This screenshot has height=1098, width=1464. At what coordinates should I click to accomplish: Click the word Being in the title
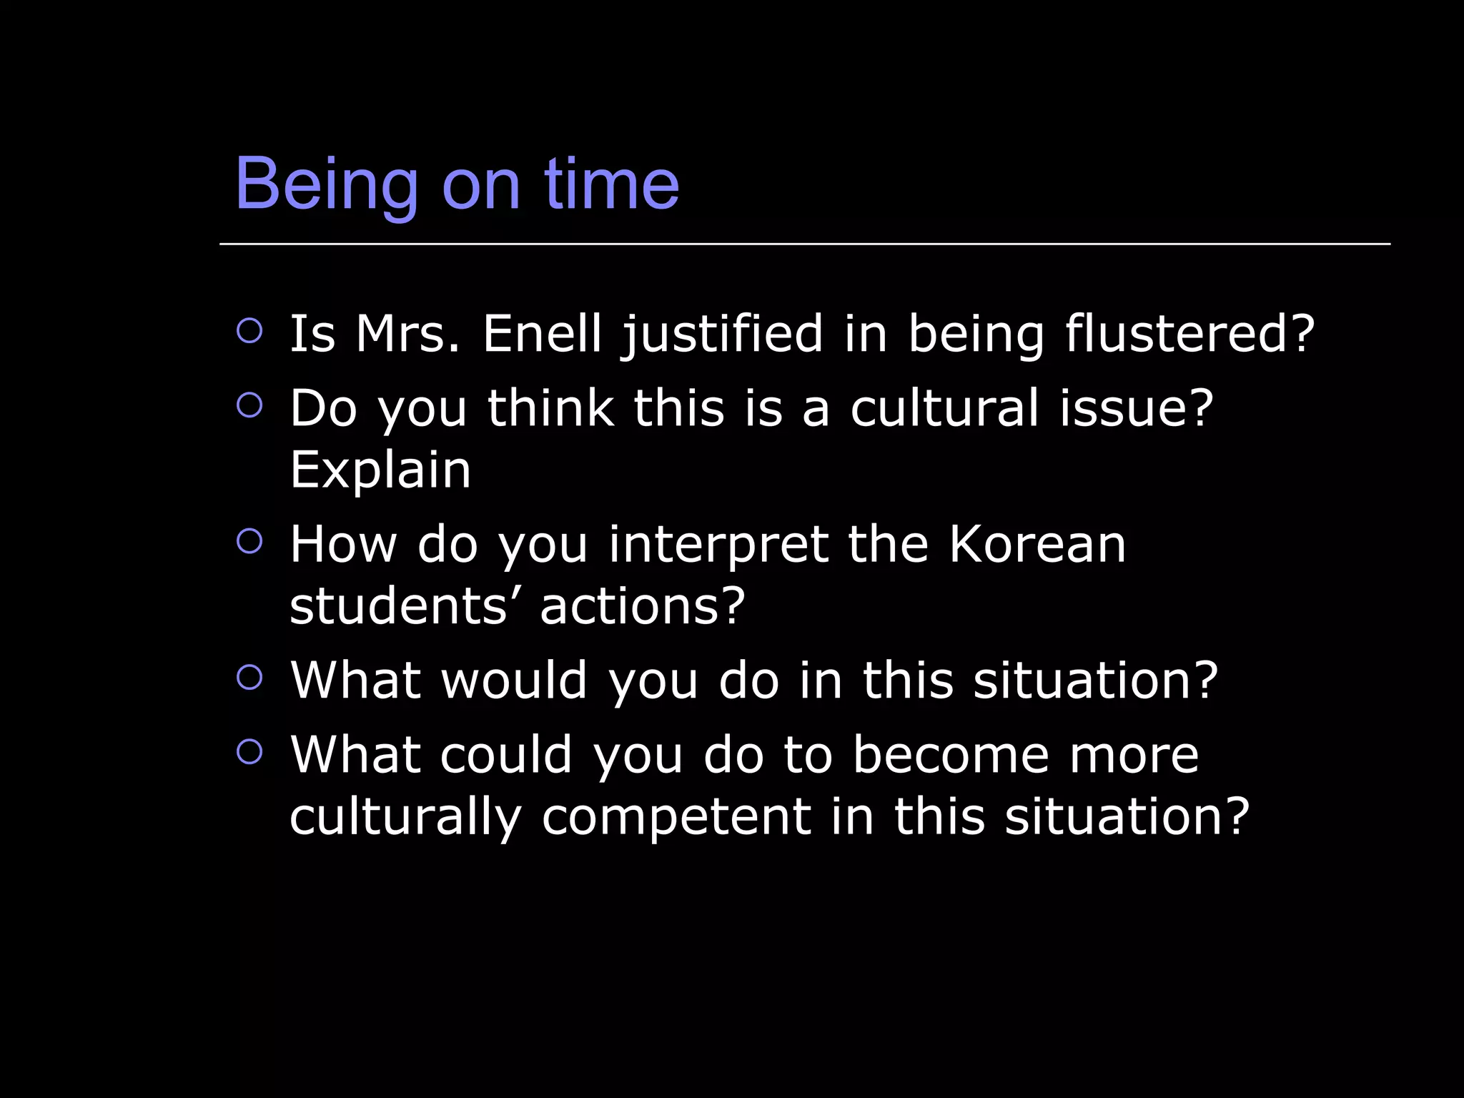click(x=326, y=184)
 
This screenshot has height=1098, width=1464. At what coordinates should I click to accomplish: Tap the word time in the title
click(x=611, y=184)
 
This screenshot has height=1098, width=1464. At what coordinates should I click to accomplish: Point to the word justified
click(x=723, y=335)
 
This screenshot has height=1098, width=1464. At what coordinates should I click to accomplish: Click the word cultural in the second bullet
click(x=944, y=408)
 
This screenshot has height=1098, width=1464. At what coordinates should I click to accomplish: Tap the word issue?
click(x=1137, y=408)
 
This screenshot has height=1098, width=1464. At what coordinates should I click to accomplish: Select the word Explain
click(x=380, y=472)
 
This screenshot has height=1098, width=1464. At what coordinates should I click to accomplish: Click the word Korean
click(x=1037, y=545)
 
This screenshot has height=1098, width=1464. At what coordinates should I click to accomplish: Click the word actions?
click(x=643, y=606)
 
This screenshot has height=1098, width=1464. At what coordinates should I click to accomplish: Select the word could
click(x=506, y=755)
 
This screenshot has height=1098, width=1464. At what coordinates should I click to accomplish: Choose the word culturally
click(x=406, y=818)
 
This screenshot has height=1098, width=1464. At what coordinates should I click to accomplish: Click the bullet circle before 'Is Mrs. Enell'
click(x=249, y=330)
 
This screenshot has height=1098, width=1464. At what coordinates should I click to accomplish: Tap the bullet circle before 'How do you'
click(x=249, y=540)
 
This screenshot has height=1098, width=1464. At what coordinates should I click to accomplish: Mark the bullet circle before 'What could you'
click(x=249, y=751)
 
